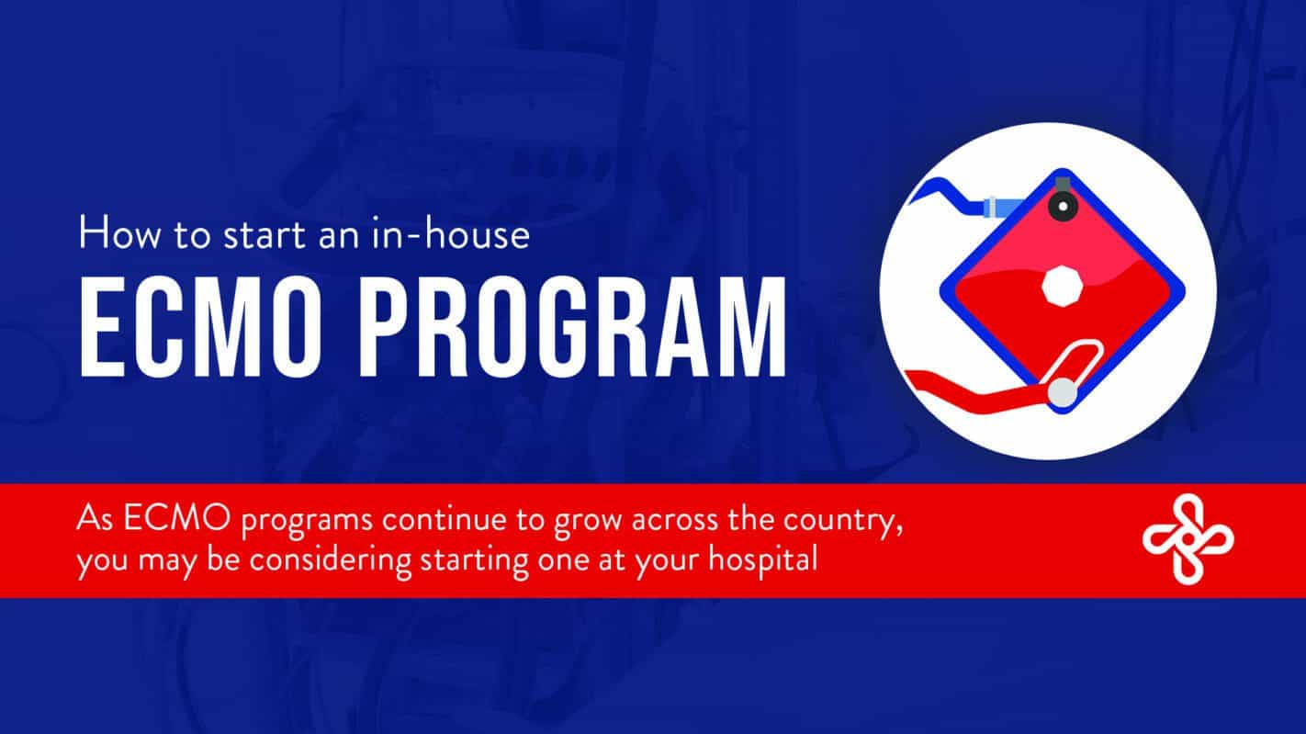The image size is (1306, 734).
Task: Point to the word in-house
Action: (451, 233)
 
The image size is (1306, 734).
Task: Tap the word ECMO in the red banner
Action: (176, 518)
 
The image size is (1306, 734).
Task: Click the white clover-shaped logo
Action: (1188, 538)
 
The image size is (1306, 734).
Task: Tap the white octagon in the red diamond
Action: (1062, 285)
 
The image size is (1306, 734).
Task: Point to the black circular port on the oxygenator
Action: (1063, 206)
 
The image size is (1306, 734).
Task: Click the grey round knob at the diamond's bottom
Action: (1063, 392)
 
